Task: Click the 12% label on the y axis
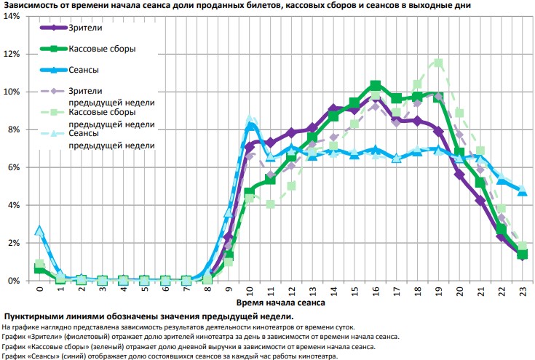pos(13,54)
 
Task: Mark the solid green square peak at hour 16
pos(376,86)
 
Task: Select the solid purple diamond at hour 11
pos(271,143)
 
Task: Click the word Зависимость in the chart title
pos(31,5)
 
